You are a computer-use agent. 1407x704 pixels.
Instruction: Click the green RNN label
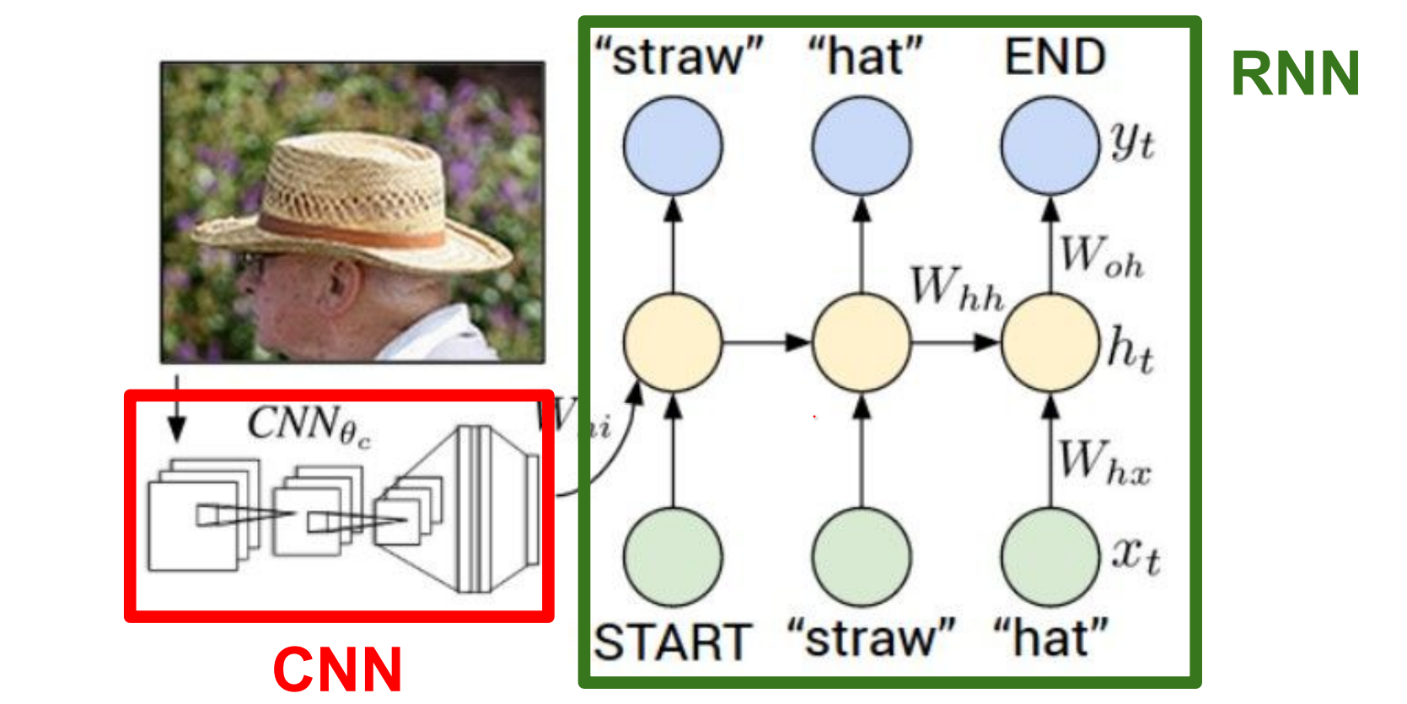[1295, 74]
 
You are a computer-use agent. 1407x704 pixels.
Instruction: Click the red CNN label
[337, 670]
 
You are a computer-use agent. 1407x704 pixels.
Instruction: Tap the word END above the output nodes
[1055, 57]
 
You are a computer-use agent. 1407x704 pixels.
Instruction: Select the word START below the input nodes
[672, 642]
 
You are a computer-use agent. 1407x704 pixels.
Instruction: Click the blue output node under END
[1050, 146]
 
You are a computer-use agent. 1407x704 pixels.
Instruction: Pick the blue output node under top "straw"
[673, 146]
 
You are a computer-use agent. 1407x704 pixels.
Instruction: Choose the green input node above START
[673, 557]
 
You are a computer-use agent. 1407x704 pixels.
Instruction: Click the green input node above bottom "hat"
[1050, 557]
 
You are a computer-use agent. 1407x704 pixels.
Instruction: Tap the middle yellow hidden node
[861, 342]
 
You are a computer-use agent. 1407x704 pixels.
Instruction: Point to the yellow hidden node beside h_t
[1050, 342]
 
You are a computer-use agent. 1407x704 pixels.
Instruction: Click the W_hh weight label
[957, 288]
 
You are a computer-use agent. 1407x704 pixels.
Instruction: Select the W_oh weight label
[1101, 256]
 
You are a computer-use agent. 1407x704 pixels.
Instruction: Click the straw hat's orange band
[354, 229]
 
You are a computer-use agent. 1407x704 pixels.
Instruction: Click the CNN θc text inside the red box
[308, 424]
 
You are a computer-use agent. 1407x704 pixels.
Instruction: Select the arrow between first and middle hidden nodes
[765, 342]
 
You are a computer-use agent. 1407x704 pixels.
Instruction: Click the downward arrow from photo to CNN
[176, 413]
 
